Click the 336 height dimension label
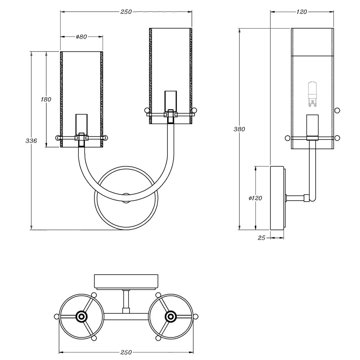point(32,141)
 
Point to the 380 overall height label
point(239,129)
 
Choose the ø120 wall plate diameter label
point(255,198)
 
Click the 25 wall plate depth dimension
point(261,238)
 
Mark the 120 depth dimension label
point(302,12)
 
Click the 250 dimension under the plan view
point(126,352)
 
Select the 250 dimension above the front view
point(126,12)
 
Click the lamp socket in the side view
point(312,126)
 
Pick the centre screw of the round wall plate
point(126,197)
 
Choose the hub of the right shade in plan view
point(170,316)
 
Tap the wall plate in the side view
point(277,198)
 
